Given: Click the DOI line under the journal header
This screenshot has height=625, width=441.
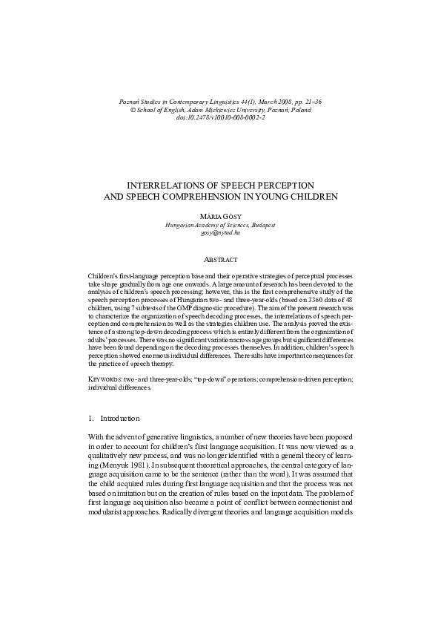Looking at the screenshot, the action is coord(220,117).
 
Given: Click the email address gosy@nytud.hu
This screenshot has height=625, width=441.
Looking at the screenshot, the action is coord(220,232).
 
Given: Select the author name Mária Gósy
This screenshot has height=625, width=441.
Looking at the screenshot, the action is coord(220,215).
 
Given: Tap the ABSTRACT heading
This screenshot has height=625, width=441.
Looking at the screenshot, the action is coord(220,259).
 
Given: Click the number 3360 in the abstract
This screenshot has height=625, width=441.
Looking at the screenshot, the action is coord(297,307).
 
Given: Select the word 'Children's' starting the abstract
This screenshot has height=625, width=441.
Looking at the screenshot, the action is coord(105,275).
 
